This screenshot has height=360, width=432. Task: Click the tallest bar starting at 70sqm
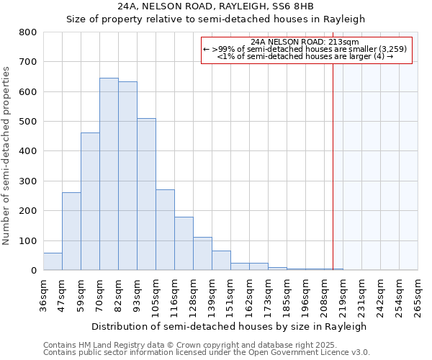pyautogui.click(x=109, y=174)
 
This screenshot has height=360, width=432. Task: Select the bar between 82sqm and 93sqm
pyautogui.click(x=127, y=176)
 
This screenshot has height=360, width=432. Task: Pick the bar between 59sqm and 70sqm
pyautogui.click(x=90, y=202)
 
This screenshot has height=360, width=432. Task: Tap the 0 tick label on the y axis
pyautogui.click(x=34, y=271)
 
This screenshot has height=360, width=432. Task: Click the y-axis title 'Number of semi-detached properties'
pyautogui.click(x=7, y=156)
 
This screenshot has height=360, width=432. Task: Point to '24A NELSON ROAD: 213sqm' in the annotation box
pyautogui.click(x=305, y=42)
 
